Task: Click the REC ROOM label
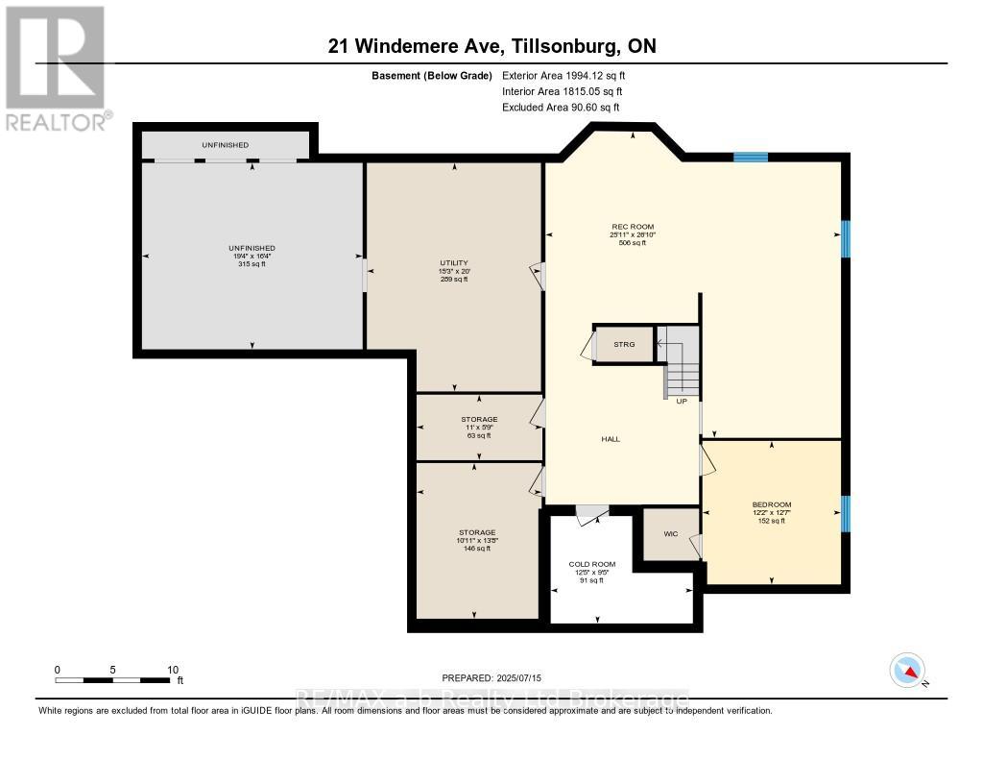pyautogui.click(x=631, y=227)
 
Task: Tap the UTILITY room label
pyautogui.click(x=453, y=263)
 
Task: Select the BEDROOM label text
pyautogui.click(x=771, y=504)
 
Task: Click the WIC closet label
pyautogui.click(x=672, y=533)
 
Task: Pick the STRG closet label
pyautogui.click(x=624, y=344)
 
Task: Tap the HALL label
pyautogui.click(x=611, y=439)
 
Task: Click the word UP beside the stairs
pyautogui.click(x=682, y=402)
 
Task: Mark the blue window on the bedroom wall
pyautogui.click(x=846, y=513)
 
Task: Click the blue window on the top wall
pyautogui.click(x=751, y=157)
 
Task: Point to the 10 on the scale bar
pyautogui.click(x=173, y=670)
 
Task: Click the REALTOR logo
pyautogui.click(x=56, y=67)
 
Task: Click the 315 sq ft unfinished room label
pyautogui.click(x=252, y=264)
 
